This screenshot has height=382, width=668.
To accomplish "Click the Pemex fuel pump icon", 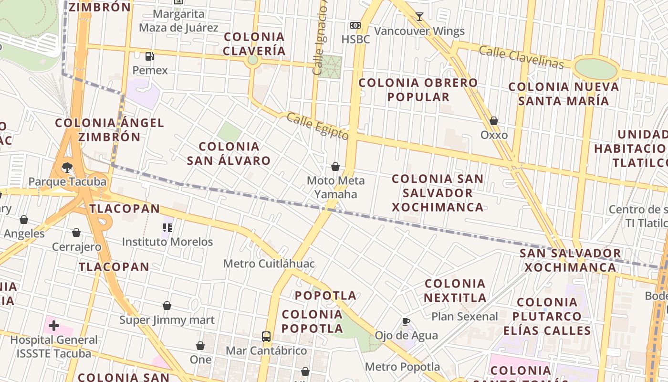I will pos(150,56).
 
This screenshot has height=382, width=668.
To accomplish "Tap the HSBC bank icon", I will pos(355,25).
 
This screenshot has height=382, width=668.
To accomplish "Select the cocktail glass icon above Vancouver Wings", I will pos(419,17).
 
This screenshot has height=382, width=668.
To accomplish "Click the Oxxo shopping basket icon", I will pos(494,121).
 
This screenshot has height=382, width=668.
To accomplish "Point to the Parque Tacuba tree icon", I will pos(67,167).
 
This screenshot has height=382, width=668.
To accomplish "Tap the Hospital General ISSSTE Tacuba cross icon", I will pos(54,326).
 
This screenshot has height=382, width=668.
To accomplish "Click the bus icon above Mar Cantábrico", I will pos(266,336).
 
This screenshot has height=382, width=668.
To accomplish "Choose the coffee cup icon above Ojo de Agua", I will pos(406,321).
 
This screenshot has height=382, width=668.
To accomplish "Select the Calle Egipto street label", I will pos(317,126).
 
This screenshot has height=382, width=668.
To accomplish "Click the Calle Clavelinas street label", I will pos(521,57).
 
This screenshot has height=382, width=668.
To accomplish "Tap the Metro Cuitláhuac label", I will pos(269,264).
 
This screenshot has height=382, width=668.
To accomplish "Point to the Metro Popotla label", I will pos(402,367).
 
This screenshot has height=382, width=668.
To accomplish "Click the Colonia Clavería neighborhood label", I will pos(254,43).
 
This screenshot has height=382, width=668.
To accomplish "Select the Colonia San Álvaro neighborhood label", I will pos(229,153).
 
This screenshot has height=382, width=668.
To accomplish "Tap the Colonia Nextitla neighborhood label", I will pos(455,290).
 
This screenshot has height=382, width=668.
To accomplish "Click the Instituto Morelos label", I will pos(167,242).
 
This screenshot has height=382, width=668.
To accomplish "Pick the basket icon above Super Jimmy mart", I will pos(167,306).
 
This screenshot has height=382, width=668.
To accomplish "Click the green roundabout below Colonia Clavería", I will pos(252,60).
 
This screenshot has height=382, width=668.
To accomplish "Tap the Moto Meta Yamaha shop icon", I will pos(335,167).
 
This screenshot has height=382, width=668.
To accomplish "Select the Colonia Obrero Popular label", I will pos(418,89).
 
